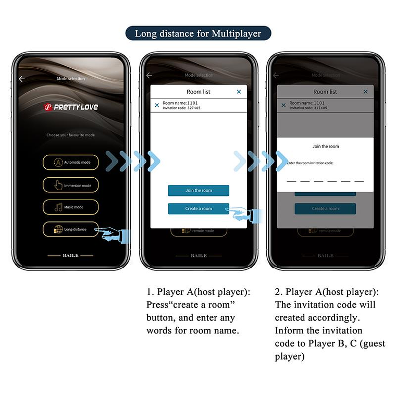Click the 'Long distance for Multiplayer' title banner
point(198,33)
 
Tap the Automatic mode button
point(70,163)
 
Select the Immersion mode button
point(70,185)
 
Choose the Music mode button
point(70,207)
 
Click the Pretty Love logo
point(70,107)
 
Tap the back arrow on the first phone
point(22,79)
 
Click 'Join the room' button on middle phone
point(198,191)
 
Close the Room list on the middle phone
point(239,92)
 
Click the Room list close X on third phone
point(365,92)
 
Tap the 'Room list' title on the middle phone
point(198,92)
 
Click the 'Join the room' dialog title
point(325,146)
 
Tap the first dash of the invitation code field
point(291,181)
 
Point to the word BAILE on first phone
point(70,256)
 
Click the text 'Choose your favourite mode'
point(70,135)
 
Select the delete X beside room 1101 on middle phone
point(157,105)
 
